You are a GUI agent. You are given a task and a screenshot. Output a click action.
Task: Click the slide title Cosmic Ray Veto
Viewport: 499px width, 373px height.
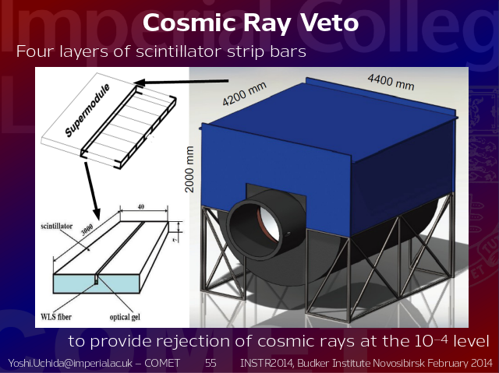[250, 23]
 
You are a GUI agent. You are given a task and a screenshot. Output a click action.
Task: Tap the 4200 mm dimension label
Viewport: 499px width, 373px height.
[244, 93]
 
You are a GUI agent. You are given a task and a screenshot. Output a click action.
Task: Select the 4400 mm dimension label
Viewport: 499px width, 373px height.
[391, 82]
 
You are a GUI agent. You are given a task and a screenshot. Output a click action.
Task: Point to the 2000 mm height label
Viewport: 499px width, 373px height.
[189, 169]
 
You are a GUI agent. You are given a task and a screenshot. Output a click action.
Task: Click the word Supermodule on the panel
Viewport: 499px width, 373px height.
[87, 110]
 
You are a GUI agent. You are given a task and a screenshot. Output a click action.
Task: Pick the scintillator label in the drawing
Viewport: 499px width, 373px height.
[57, 227]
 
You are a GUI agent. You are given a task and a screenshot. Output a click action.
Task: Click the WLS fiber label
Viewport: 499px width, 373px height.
[56, 317]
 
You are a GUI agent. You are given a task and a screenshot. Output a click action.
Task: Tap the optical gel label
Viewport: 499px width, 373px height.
[125, 317]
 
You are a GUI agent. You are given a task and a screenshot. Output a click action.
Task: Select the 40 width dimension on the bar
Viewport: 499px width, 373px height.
[141, 206]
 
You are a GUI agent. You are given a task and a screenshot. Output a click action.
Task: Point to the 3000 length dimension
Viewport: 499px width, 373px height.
[87, 230]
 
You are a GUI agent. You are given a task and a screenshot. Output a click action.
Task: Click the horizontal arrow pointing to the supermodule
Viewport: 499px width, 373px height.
[182, 82]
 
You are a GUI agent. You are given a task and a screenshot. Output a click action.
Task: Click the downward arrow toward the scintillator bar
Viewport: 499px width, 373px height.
[93, 191]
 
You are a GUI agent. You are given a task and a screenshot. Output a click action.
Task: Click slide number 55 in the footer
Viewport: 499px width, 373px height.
[211, 363]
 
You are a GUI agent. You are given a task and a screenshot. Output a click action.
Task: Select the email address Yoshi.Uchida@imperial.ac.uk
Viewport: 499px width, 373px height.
[70, 363]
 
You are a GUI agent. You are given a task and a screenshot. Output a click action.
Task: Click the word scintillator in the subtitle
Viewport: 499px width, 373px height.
[179, 51]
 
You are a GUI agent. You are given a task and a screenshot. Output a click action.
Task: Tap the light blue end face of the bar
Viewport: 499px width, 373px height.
[97, 284]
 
